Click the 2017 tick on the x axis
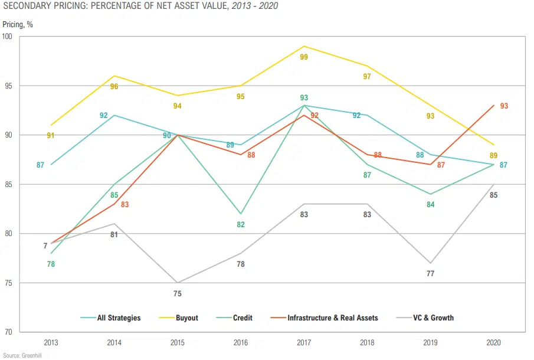(304, 342)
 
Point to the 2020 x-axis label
(493, 342)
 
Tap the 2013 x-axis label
(51, 342)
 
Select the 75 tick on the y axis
(9, 283)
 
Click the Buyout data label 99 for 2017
(304, 57)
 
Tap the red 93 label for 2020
(504, 106)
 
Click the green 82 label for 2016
(241, 225)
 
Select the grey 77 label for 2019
(430, 273)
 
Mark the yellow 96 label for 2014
(114, 87)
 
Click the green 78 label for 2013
(51, 264)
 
